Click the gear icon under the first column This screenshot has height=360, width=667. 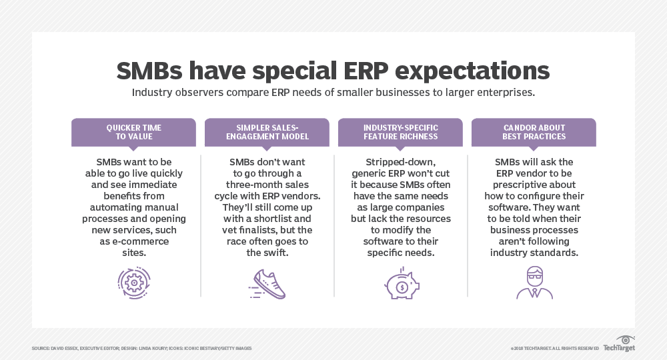[x=133, y=283]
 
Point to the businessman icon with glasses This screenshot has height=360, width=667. [x=534, y=283]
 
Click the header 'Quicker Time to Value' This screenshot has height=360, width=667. [x=133, y=132]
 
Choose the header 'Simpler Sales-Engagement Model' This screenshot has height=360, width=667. [x=267, y=132]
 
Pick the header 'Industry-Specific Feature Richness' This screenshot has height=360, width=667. [x=400, y=132]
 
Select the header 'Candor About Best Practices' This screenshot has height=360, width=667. [x=534, y=132]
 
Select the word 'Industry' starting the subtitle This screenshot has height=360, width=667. [x=153, y=93]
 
